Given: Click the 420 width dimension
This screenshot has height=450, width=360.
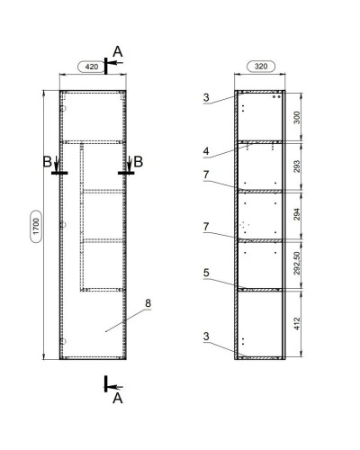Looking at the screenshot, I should (x=91, y=67).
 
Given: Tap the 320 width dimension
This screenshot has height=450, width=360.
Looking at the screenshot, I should (x=258, y=67).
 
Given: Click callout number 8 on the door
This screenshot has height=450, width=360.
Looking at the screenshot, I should (x=148, y=303).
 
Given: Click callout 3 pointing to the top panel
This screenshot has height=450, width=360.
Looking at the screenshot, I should (x=206, y=96).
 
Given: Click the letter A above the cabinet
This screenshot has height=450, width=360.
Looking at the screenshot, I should (x=116, y=50).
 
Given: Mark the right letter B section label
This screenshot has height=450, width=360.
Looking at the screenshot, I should (x=138, y=162).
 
